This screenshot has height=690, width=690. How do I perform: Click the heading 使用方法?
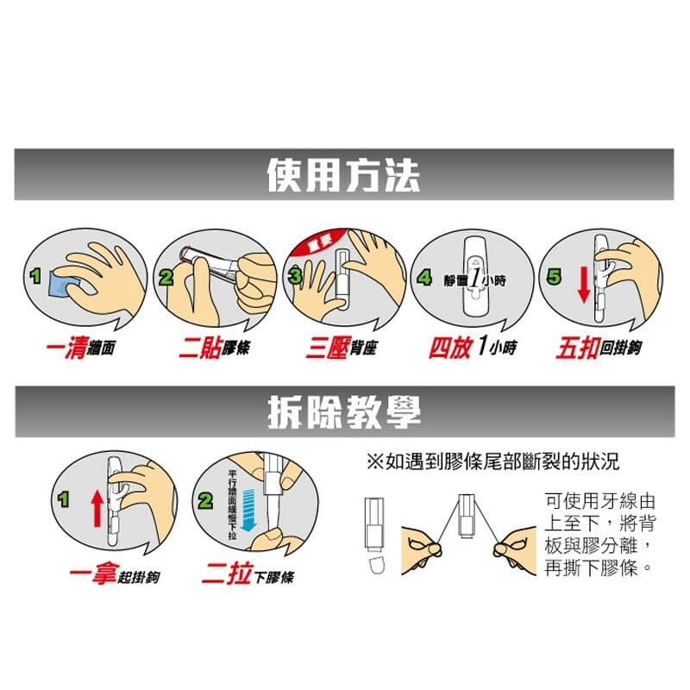point(343,176)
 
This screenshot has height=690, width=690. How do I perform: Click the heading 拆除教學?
point(343,411)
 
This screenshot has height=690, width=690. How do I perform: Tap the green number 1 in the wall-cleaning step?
point(35,277)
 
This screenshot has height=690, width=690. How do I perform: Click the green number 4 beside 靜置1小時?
point(424,278)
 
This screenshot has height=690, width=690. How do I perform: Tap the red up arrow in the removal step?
point(97,508)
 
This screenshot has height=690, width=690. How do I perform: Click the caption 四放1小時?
point(473,349)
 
